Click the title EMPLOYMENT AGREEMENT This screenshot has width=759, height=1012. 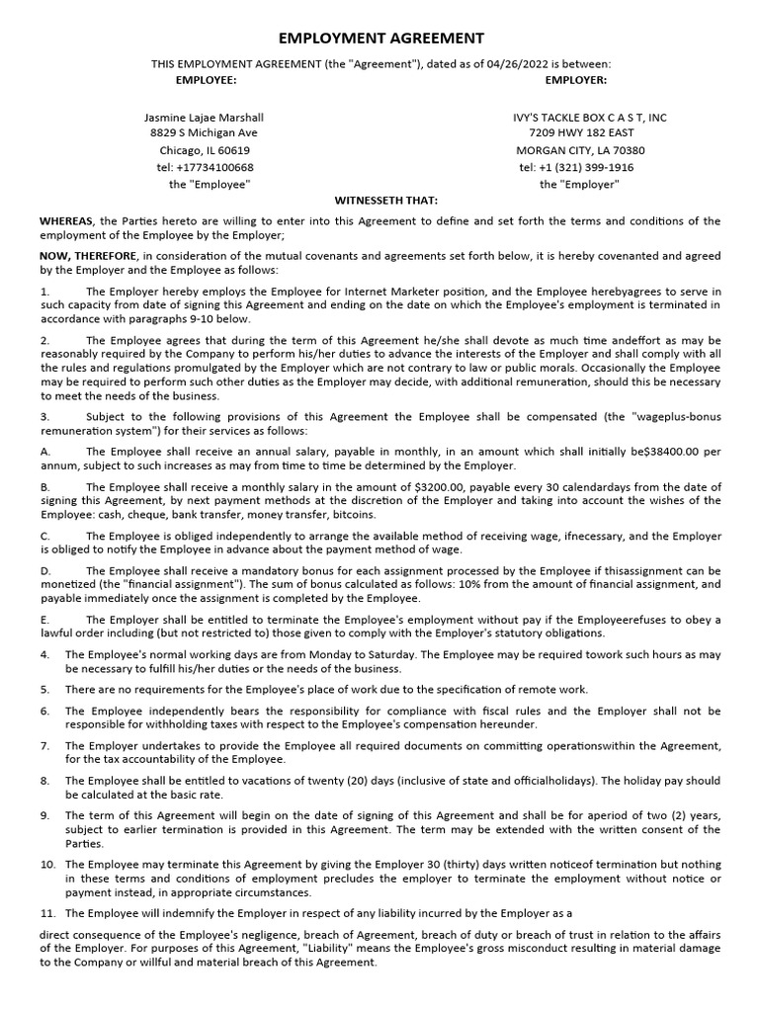[x=381, y=38]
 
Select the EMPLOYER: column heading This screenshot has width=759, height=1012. [x=576, y=79]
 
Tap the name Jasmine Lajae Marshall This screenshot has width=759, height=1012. [x=205, y=117]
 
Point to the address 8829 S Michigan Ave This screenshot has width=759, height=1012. [x=204, y=133]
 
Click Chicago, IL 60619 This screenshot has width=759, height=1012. [x=205, y=150]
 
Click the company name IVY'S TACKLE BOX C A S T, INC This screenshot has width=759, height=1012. [x=589, y=117]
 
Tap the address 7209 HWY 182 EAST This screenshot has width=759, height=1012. [x=581, y=133]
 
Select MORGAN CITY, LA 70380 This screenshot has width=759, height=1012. [x=581, y=150]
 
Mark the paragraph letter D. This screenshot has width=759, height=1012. [x=44, y=571]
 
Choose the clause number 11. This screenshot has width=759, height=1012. [x=45, y=912]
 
